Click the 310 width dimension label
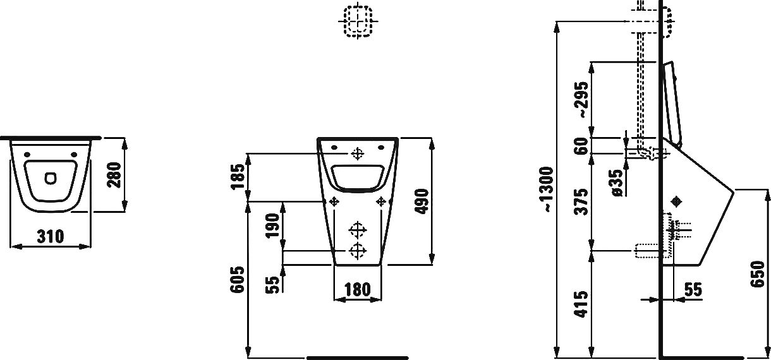click(x=51, y=237)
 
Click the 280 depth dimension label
click(x=114, y=175)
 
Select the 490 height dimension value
click(x=422, y=201)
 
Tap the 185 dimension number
click(x=237, y=177)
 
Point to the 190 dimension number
click(x=272, y=225)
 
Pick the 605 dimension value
click(x=237, y=280)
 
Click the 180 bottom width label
click(x=358, y=290)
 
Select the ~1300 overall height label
click(x=547, y=189)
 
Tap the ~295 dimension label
click(x=581, y=100)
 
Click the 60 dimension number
click(x=581, y=146)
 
